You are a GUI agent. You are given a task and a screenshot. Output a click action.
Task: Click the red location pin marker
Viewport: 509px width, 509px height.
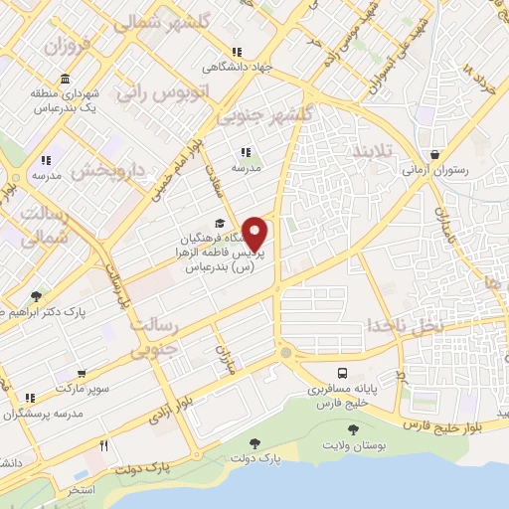(x=255, y=234)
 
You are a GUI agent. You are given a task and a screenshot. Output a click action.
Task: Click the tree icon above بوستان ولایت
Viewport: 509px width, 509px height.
(x=354, y=428)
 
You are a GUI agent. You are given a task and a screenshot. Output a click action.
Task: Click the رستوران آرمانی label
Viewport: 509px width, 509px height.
(x=434, y=171)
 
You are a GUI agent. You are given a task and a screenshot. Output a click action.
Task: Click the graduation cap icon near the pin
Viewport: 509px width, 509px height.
(x=218, y=224)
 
